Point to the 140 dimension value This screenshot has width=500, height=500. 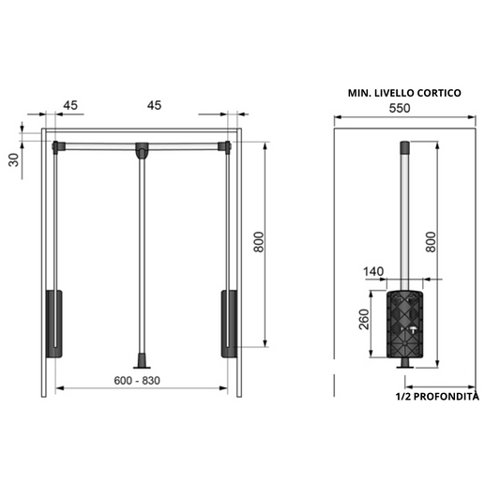[x=374, y=272]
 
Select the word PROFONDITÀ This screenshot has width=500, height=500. [x=446, y=397]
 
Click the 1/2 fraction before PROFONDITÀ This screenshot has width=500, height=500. [x=405, y=397]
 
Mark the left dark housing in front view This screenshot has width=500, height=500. [x=53, y=324]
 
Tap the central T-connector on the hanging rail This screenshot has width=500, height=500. [x=142, y=149]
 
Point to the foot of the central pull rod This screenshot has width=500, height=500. [x=142, y=361]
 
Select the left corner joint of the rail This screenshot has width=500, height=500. [x=58, y=145]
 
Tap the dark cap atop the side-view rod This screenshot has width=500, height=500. [x=404, y=147]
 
